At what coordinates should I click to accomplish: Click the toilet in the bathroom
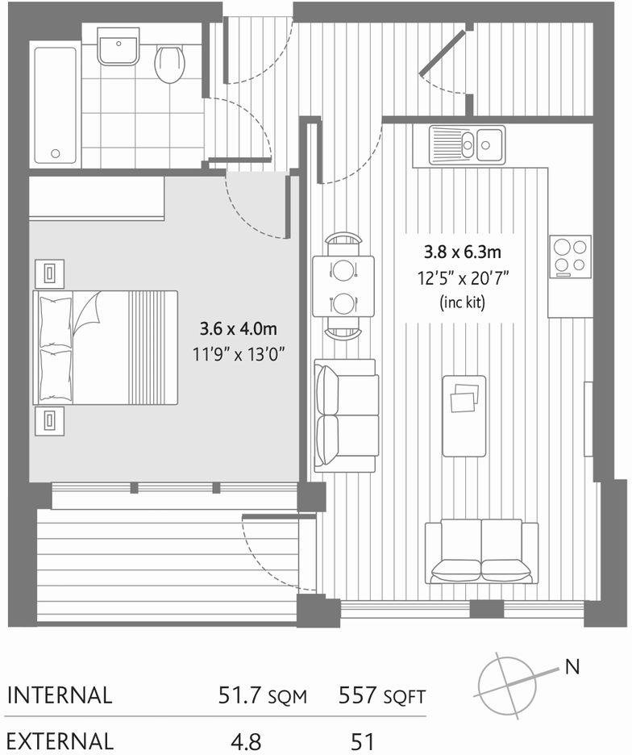coord(169,63)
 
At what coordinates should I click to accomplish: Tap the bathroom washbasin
coord(118,47)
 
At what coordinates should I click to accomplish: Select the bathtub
coord(56,104)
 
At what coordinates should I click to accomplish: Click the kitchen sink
coord(467,144)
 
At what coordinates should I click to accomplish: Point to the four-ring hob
coord(570,257)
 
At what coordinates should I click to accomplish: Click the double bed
coord(105,348)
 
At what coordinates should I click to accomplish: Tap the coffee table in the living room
coord(464,415)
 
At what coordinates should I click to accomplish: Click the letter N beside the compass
coord(572,667)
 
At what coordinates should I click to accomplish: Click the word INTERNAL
coord(58,695)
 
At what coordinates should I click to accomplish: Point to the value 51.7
coord(243,695)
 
